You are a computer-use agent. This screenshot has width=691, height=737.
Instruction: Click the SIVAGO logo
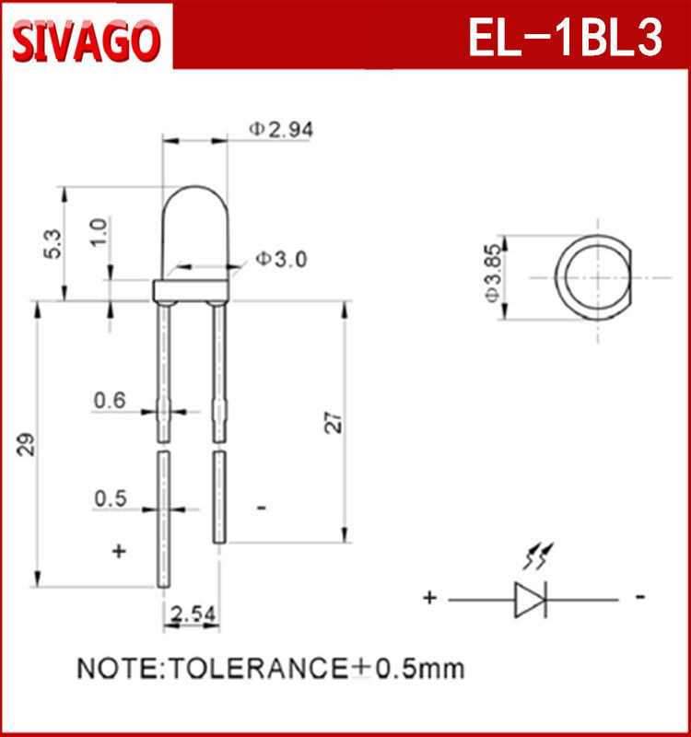[86, 41]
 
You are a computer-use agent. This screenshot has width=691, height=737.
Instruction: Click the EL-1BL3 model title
[566, 37]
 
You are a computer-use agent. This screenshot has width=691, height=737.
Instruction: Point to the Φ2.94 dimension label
[281, 129]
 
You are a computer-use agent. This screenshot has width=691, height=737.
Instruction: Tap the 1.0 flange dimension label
[99, 232]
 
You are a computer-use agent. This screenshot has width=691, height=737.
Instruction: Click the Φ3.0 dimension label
[281, 259]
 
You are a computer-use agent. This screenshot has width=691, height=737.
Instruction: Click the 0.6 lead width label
[110, 401]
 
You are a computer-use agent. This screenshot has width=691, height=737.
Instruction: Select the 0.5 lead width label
[111, 498]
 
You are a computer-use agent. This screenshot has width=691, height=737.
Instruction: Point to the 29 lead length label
[27, 444]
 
